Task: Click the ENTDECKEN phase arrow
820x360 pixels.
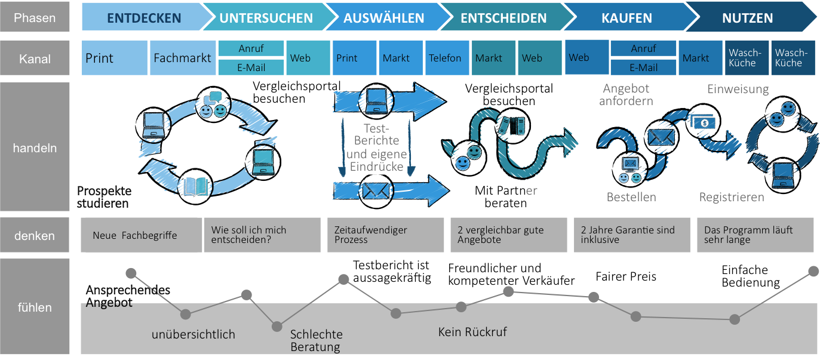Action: [x=144, y=18]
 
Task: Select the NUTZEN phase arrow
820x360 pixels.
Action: [x=747, y=18]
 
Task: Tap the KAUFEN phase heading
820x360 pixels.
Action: [x=626, y=18]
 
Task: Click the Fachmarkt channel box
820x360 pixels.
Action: [x=182, y=58]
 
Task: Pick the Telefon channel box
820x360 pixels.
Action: [x=445, y=58]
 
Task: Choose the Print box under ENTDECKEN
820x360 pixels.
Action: [x=113, y=58]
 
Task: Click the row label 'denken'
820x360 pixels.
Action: [x=35, y=236]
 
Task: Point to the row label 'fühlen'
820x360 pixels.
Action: [x=35, y=307]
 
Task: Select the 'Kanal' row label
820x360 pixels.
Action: [x=35, y=59]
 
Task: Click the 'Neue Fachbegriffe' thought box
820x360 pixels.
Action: [x=141, y=235]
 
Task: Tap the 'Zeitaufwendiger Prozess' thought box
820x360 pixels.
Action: [x=385, y=235]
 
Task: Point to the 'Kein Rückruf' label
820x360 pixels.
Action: [x=472, y=332]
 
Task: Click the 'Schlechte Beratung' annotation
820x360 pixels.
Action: [x=316, y=340]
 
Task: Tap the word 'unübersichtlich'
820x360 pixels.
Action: [x=194, y=334]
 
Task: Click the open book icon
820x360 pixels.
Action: [x=195, y=186]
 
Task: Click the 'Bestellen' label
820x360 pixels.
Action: [x=631, y=197]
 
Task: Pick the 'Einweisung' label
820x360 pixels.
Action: [x=738, y=89]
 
